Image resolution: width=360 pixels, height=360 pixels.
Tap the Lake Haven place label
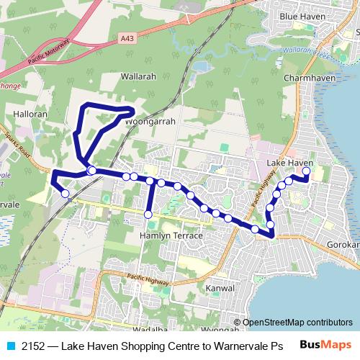[x=290, y=163]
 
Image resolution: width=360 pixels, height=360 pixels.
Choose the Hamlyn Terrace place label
[x=171, y=235]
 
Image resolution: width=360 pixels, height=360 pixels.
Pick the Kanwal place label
[x=220, y=288]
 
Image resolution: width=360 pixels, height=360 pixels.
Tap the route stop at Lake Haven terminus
[x=306, y=171]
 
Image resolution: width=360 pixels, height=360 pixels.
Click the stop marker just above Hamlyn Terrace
[x=148, y=215]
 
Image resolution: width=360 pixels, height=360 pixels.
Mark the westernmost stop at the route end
[x=66, y=193]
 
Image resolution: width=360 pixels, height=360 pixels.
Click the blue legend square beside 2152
[x=9, y=346]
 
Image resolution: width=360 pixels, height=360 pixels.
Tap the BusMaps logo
[x=330, y=345]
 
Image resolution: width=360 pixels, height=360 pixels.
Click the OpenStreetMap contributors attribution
[x=297, y=323]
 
